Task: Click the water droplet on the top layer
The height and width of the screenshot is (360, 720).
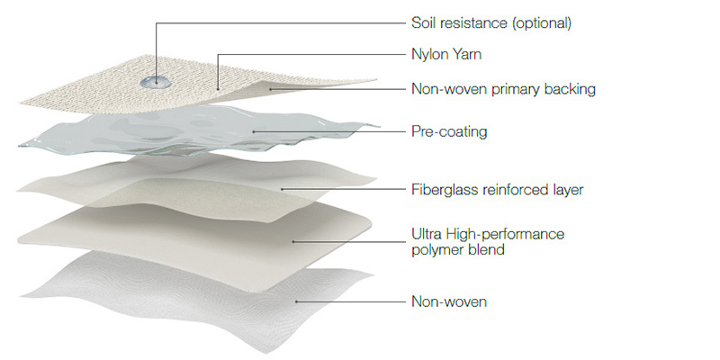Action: tap(157, 82)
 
